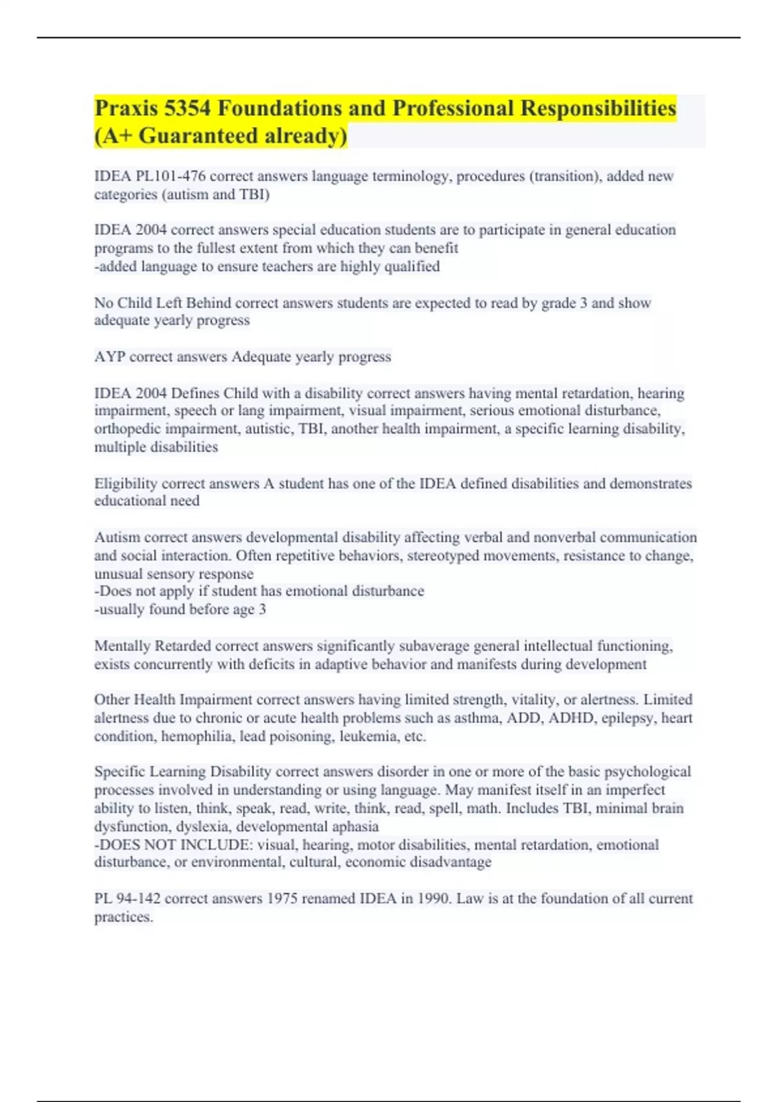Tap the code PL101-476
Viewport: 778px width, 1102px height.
[x=171, y=176]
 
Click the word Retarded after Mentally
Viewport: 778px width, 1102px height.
[x=183, y=646]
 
